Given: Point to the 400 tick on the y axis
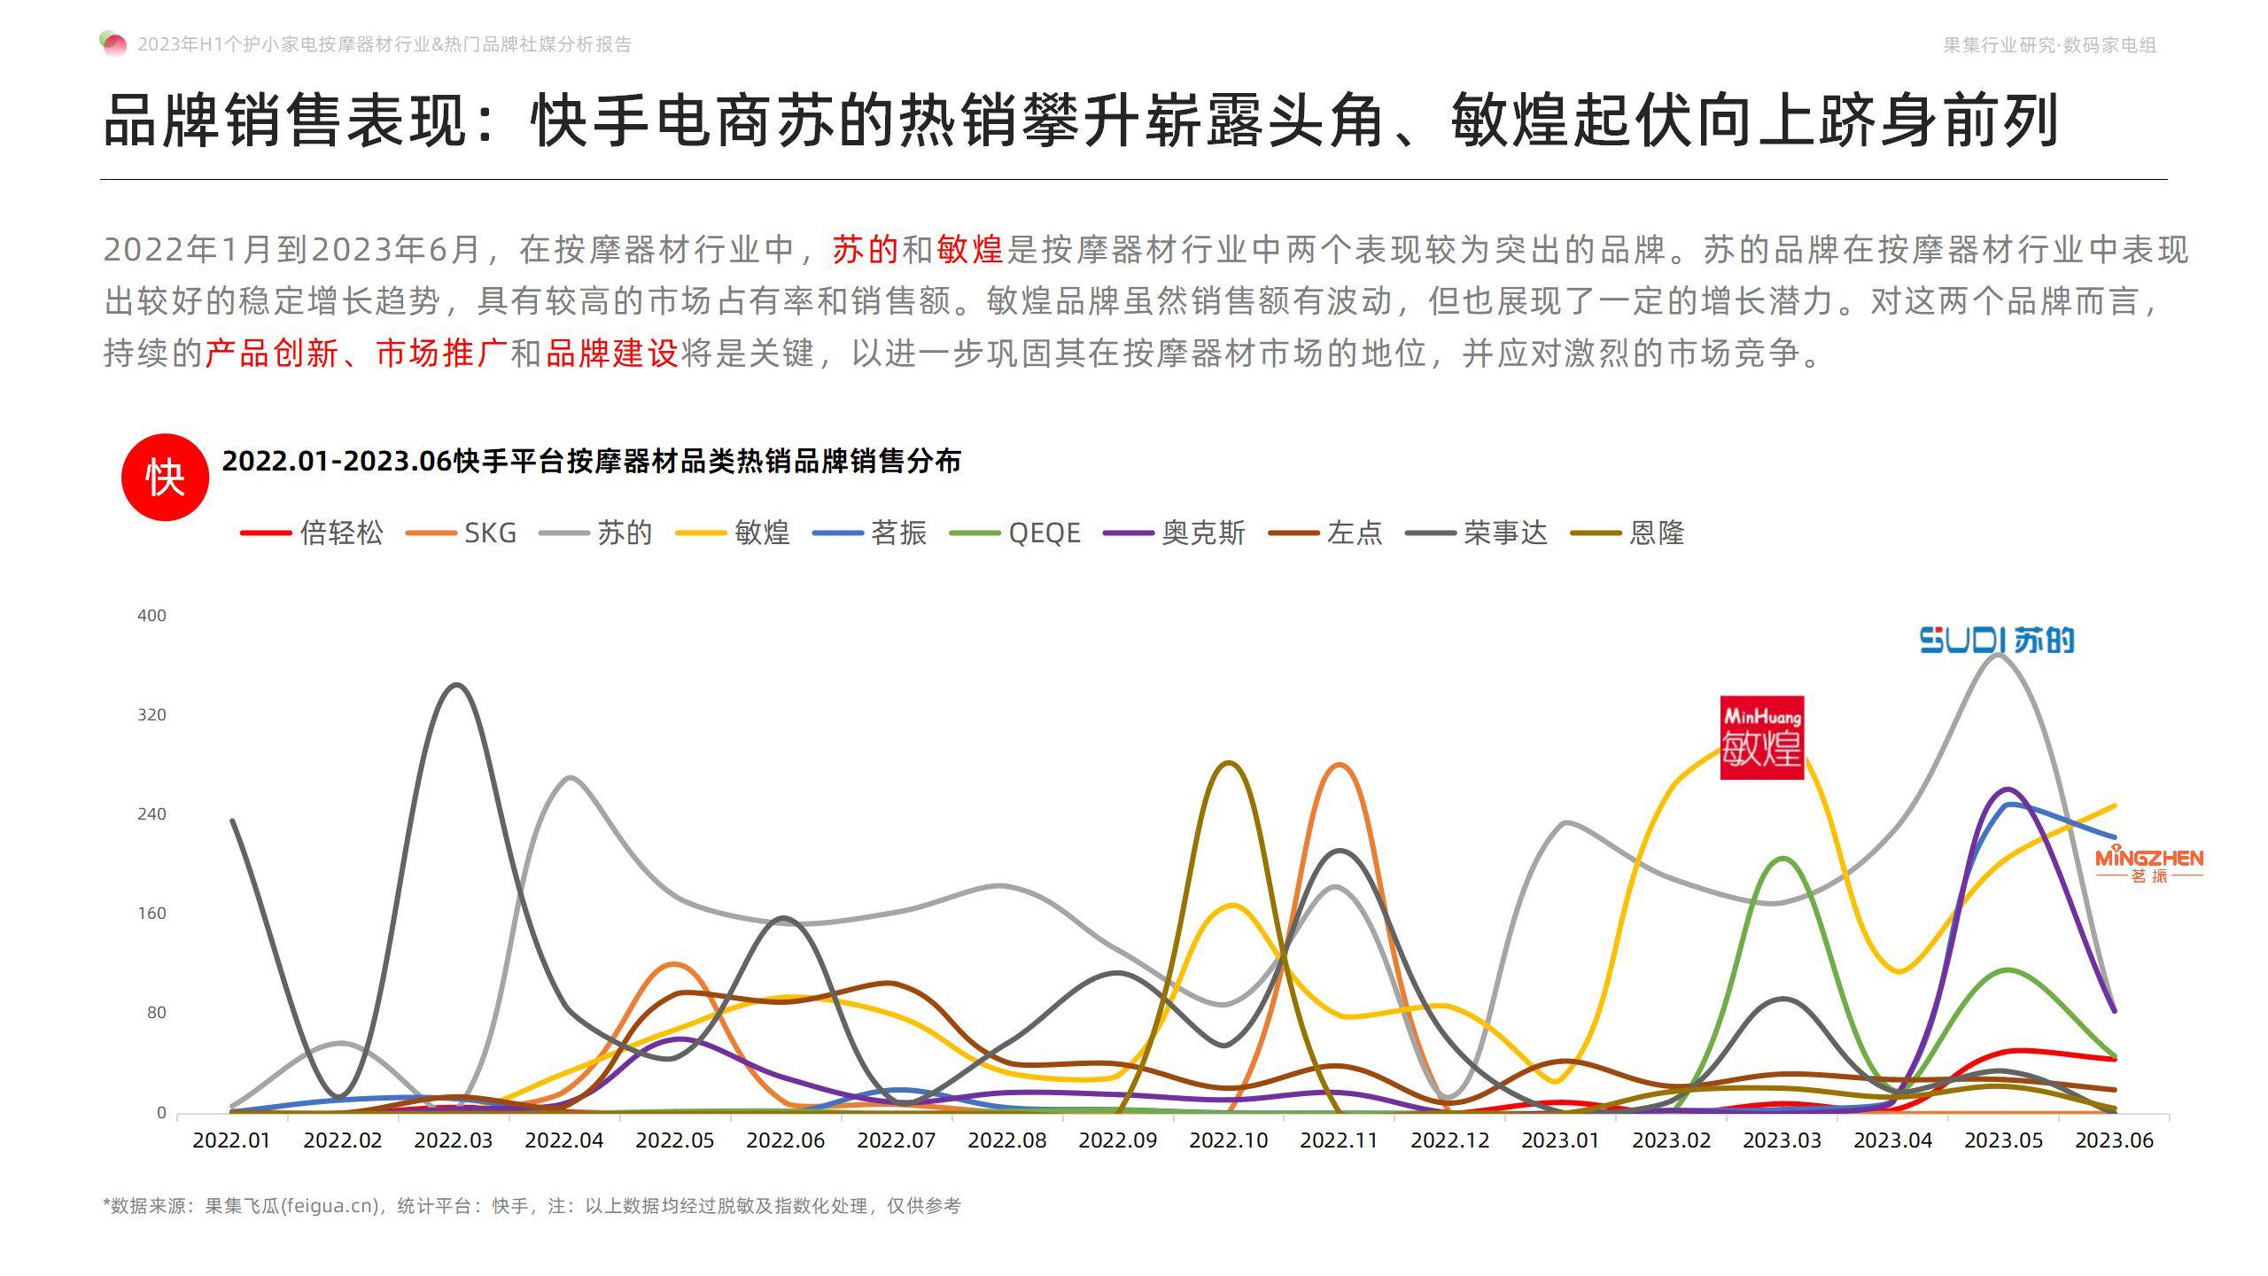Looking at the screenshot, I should click(151, 616).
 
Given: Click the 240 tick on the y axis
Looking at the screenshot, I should click(151, 814).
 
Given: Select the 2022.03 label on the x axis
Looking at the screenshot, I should click(454, 1140).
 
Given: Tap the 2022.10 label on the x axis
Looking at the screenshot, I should click(1229, 1140).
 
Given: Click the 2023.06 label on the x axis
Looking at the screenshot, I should click(2114, 1140).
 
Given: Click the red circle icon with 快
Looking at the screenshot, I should click(165, 478).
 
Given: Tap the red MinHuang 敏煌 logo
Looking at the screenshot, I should click(1761, 738).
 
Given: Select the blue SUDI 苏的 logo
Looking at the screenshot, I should click(1997, 640).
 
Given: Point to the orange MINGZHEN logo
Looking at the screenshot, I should click(2148, 865).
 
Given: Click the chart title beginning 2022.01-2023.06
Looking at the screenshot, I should click(591, 462).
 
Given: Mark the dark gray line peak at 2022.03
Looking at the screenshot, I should click(456, 685).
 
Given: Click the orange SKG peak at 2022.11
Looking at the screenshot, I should click(1340, 765).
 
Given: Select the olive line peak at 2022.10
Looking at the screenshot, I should click(1229, 763).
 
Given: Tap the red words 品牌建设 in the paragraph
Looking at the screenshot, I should click(611, 354).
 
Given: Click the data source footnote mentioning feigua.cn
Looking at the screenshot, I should click(532, 1206).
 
